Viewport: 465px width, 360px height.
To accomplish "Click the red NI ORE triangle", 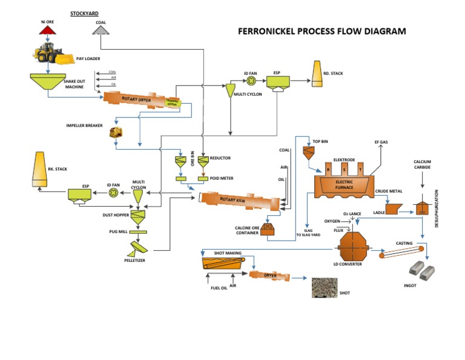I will pos(47,30).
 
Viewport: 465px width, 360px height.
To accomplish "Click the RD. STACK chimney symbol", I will pos(317,73).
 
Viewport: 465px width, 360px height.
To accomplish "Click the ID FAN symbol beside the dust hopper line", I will pos(113,193).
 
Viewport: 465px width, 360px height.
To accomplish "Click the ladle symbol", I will pos(395,208).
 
